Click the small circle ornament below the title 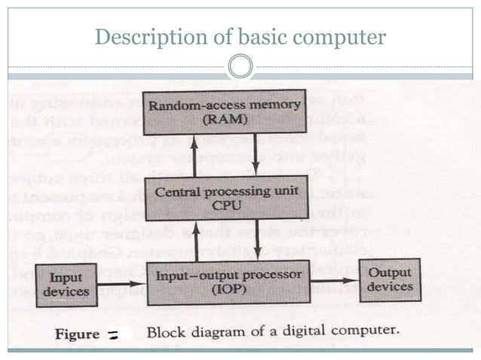(240, 67)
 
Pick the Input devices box (67, 285)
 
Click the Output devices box (390, 279)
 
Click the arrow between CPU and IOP (258, 239)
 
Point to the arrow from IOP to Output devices (335, 281)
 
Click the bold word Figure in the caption (78, 333)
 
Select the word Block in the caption (165, 332)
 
